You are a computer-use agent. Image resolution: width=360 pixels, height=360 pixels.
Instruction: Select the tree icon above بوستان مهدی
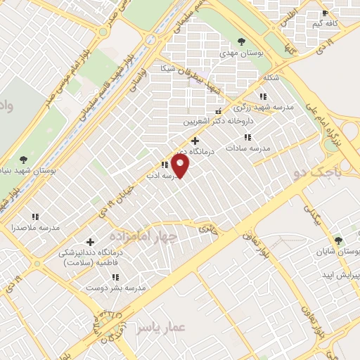[242, 41]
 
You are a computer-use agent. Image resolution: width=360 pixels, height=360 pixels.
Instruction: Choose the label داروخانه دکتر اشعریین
[219, 121]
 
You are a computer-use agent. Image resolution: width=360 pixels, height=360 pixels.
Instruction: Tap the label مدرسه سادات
[247, 148]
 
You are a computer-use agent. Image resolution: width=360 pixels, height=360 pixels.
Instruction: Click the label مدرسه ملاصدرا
[36, 228]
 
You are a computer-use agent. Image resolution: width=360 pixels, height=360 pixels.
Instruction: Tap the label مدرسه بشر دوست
[116, 288]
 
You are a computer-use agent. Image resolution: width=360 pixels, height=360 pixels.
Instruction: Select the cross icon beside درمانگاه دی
[195, 141]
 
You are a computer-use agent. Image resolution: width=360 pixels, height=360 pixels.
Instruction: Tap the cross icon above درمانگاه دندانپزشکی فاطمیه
[90, 241]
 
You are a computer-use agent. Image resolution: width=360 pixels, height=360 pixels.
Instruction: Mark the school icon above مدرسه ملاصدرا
[35, 217]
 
